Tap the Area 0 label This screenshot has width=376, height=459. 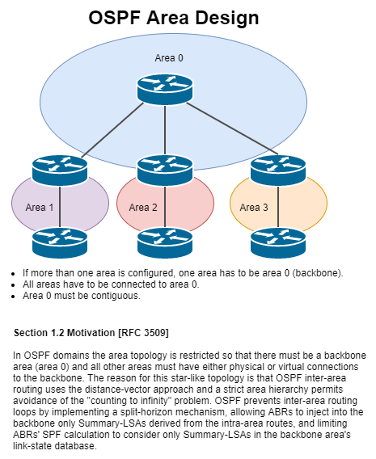169,57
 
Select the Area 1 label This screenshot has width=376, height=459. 40,207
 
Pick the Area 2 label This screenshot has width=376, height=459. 143,207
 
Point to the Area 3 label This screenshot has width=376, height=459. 254,207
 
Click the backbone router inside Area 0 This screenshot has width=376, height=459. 165,88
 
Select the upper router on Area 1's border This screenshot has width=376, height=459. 60,169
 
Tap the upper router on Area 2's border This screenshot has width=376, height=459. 165,169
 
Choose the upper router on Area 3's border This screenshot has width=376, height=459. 278,169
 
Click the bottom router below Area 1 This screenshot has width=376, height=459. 60,242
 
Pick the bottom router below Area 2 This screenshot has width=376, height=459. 165,242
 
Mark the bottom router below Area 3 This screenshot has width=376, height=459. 278,242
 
